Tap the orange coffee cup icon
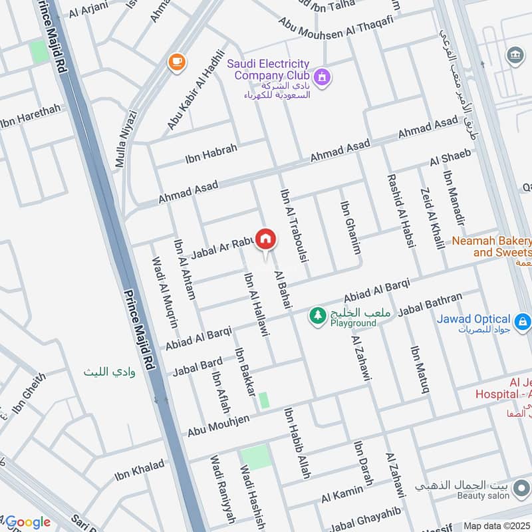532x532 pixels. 176,62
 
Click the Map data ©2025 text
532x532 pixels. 497,526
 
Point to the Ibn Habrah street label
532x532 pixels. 211,154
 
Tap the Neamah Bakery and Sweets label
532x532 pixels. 493,247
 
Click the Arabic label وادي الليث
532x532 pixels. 109,372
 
